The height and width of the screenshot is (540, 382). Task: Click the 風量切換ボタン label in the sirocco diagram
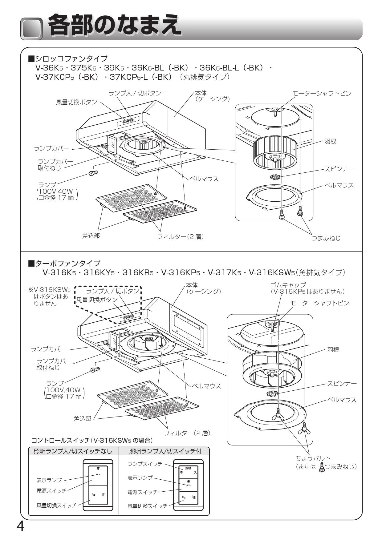point(76,102)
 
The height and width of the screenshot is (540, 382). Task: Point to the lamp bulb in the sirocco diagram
point(93,173)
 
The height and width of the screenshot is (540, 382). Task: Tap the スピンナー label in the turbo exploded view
point(342,383)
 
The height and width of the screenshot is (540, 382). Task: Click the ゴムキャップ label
point(288,285)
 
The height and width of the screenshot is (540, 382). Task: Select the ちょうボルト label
point(313,458)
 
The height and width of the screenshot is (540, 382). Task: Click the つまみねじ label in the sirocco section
point(326,238)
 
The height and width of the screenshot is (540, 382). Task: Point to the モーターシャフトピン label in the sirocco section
point(322,93)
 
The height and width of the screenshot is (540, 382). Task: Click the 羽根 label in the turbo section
point(333,350)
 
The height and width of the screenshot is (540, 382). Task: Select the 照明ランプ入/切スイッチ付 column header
point(165,451)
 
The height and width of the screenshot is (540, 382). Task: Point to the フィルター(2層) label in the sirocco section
point(181,237)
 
